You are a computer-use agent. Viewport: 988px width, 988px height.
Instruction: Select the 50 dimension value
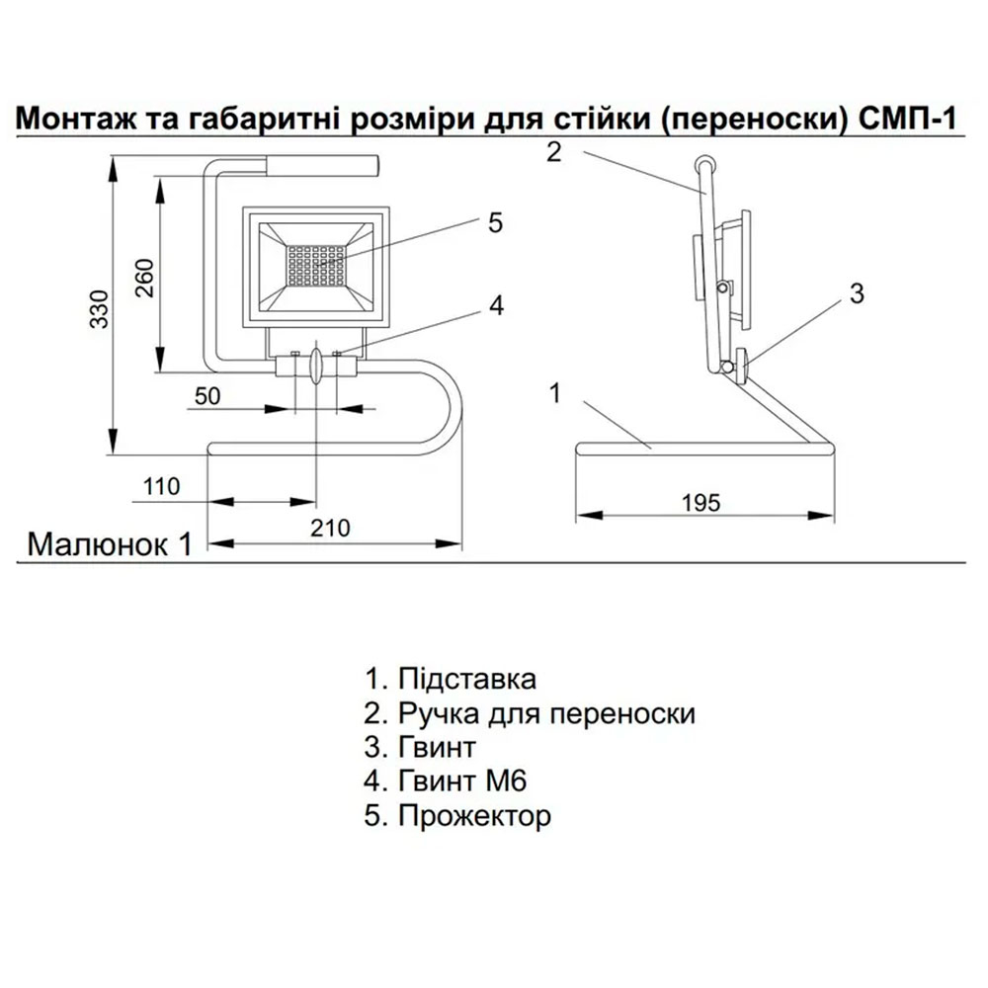click(207, 396)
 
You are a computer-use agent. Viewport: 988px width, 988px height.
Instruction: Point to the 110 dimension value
click(162, 486)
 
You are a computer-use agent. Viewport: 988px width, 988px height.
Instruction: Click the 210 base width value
click(331, 529)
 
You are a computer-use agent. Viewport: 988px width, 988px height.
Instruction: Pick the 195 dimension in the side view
click(700, 502)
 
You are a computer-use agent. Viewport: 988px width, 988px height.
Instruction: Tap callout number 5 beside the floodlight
click(495, 223)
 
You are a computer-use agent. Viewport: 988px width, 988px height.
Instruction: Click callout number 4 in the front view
click(496, 306)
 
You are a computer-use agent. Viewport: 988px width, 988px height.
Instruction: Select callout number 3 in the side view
click(857, 293)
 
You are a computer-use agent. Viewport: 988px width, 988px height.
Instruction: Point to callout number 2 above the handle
click(553, 152)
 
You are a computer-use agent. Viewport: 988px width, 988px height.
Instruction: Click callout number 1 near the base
click(555, 393)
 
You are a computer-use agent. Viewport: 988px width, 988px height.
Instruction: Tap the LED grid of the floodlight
click(316, 263)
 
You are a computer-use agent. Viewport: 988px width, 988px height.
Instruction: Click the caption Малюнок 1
click(109, 544)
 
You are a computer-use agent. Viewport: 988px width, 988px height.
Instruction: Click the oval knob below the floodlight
click(315, 366)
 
